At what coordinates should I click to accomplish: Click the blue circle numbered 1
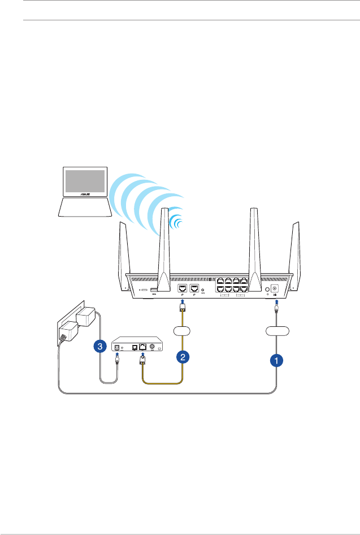pyautogui.click(x=276, y=359)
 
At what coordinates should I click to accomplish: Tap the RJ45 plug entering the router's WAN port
pyautogui.click(x=183, y=308)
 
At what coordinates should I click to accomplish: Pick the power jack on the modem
pyautogui.click(x=118, y=347)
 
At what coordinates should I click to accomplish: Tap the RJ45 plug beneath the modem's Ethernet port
pyautogui.click(x=142, y=360)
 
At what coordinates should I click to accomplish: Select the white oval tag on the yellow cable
pyautogui.click(x=183, y=330)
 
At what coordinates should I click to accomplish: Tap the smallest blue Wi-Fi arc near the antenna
pyautogui.click(x=176, y=223)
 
